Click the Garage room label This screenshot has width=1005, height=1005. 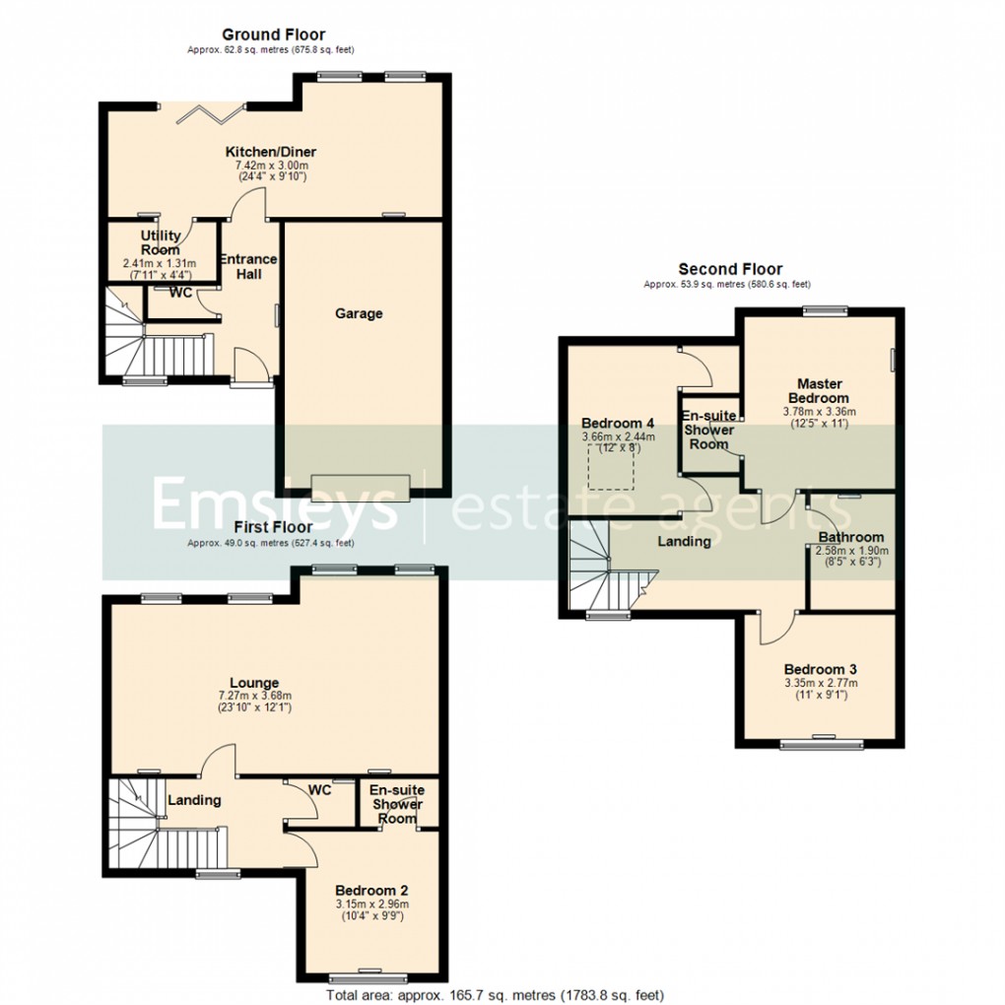coord(359,313)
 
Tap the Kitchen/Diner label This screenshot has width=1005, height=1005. coord(271,152)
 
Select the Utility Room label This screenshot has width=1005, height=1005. coord(160,242)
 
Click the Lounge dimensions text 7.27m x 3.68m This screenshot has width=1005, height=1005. coord(255,696)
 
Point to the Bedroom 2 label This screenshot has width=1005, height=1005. coord(371,890)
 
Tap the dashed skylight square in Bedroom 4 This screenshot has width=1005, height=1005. coord(615,465)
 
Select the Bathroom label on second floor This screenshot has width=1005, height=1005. coord(851,537)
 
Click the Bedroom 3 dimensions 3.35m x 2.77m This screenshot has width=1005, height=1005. coord(821,683)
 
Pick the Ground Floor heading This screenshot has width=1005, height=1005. coord(273,35)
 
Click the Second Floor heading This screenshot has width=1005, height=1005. coord(730,269)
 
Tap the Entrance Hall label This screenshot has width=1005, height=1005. coord(248,266)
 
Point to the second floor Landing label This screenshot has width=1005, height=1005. coord(684,541)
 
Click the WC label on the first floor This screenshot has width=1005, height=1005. coord(319,789)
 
